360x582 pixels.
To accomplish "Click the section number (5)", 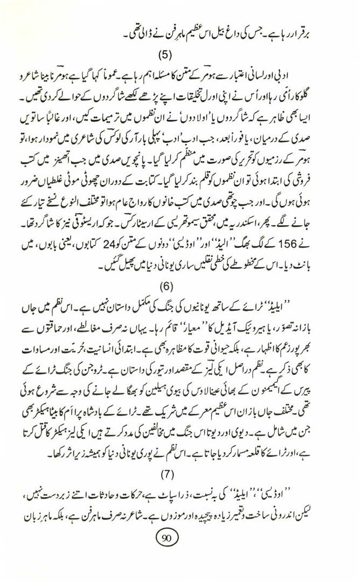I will pyautogui.click(x=179, y=55).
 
